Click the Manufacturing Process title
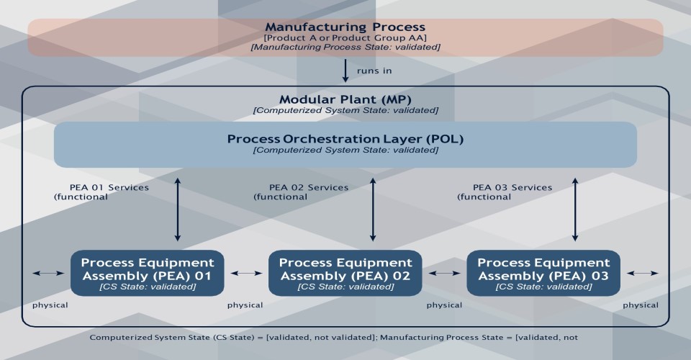tap(345, 27)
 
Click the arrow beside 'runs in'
tap(345, 71)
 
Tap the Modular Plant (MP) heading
tap(345, 99)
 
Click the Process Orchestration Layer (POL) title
tap(345, 138)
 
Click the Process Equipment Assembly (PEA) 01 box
tap(148, 273)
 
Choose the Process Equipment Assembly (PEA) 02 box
tap(345, 273)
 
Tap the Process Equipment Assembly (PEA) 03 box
tap(543, 273)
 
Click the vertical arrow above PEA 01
tap(177, 209)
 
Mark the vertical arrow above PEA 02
tap(372, 209)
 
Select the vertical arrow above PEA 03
tap(574, 209)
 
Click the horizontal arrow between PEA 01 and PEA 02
tap(246, 273)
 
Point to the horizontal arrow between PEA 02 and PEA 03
tap(444, 273)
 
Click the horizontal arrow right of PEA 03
tap(643, 273)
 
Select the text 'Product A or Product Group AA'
tap(345, 37)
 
